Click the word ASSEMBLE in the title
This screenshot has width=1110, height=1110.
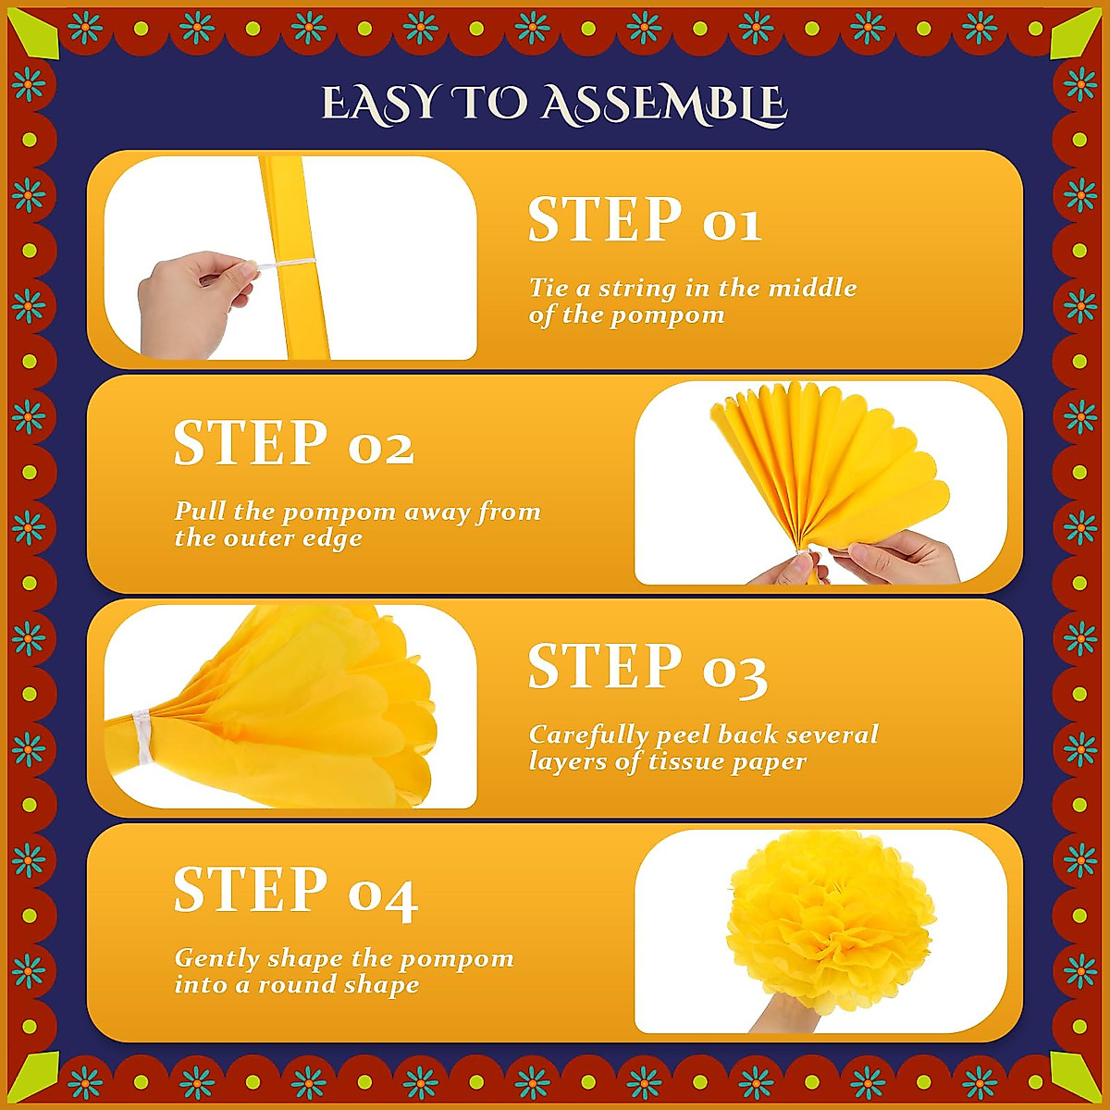tap(663, 104)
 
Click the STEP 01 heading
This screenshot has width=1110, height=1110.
tap(645, 221)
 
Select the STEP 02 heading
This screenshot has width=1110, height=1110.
tap(293, 444)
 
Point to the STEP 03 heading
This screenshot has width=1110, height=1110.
tap(647, 668)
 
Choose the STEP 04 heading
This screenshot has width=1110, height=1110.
tap(295, 892)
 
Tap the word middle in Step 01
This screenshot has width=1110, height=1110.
tap(811, 288)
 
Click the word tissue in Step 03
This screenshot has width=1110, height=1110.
tap(689, 762)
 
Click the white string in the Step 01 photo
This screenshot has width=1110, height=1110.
tap(282, 265)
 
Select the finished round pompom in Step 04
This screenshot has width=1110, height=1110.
tap(830, 920)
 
